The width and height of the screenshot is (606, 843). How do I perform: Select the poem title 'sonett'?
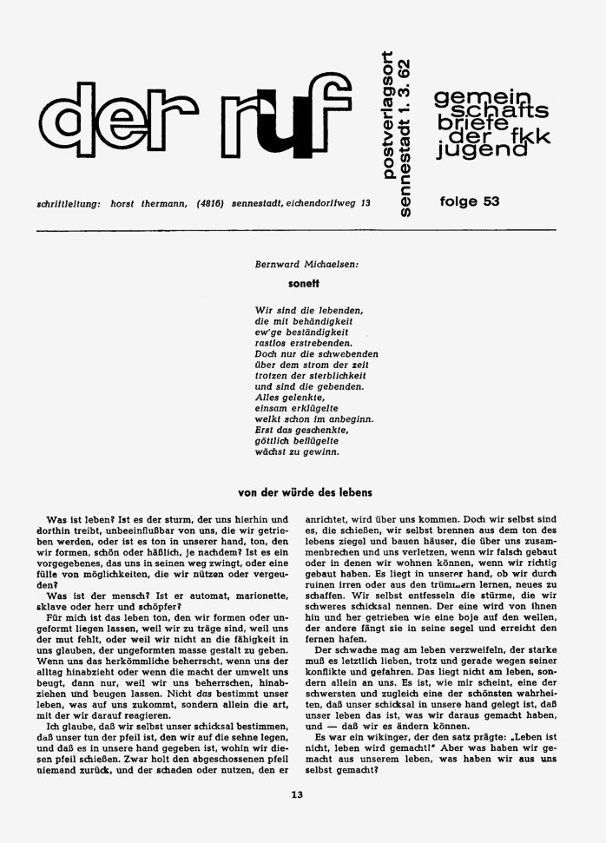point(305,282)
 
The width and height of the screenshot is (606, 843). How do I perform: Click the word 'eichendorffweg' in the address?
point(321,203)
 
